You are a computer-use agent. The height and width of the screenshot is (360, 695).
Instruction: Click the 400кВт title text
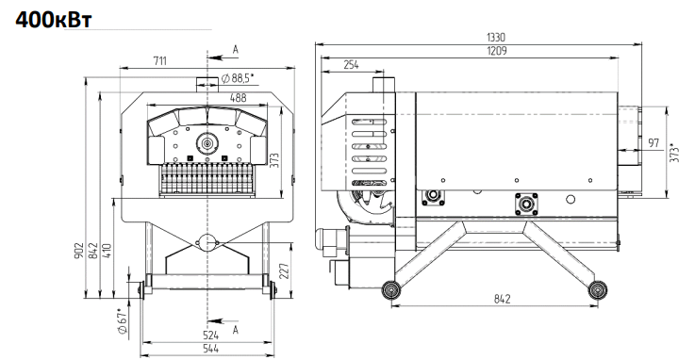coord(54,20)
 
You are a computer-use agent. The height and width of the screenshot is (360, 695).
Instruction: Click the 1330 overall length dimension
coord(496,37)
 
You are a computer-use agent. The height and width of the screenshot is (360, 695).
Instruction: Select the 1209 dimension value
coord(496,51)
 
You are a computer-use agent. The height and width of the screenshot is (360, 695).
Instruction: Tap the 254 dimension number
coord(351,65)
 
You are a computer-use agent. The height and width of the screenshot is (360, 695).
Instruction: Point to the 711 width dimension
coord(160,60)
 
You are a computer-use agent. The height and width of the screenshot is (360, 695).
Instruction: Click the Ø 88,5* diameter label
coord(237,78)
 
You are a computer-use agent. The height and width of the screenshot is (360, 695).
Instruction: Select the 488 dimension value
coord(238,98)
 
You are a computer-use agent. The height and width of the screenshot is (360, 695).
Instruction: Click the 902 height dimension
coord(79,251)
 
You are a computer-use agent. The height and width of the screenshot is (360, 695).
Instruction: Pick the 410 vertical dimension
coord(108,251)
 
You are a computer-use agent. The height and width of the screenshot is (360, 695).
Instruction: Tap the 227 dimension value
coord(284,271)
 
